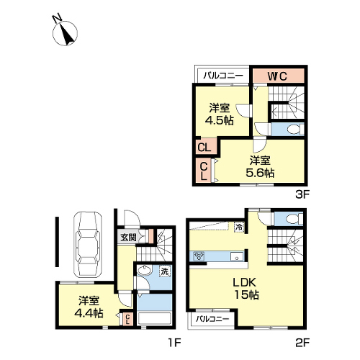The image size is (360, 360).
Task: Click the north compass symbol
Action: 65,33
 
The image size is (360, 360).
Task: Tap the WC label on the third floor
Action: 277,76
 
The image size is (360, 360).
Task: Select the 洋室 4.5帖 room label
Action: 220,114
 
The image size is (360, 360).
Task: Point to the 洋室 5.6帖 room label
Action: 260,166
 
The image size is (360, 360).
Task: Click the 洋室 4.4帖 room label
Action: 89,307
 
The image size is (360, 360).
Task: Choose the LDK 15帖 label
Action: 246,289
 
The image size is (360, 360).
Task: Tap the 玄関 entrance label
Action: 128,238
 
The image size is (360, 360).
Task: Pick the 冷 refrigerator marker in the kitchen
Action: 239,227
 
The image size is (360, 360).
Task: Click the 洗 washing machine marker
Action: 165,271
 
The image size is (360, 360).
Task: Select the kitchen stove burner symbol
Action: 199,256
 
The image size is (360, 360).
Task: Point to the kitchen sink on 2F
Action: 237,256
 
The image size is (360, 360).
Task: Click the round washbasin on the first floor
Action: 144,271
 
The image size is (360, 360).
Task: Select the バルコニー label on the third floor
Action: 223,76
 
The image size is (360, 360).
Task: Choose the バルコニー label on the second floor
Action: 212,319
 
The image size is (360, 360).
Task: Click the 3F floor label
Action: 302,194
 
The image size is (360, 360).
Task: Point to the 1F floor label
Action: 174,343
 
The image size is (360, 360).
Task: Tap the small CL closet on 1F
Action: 127,320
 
